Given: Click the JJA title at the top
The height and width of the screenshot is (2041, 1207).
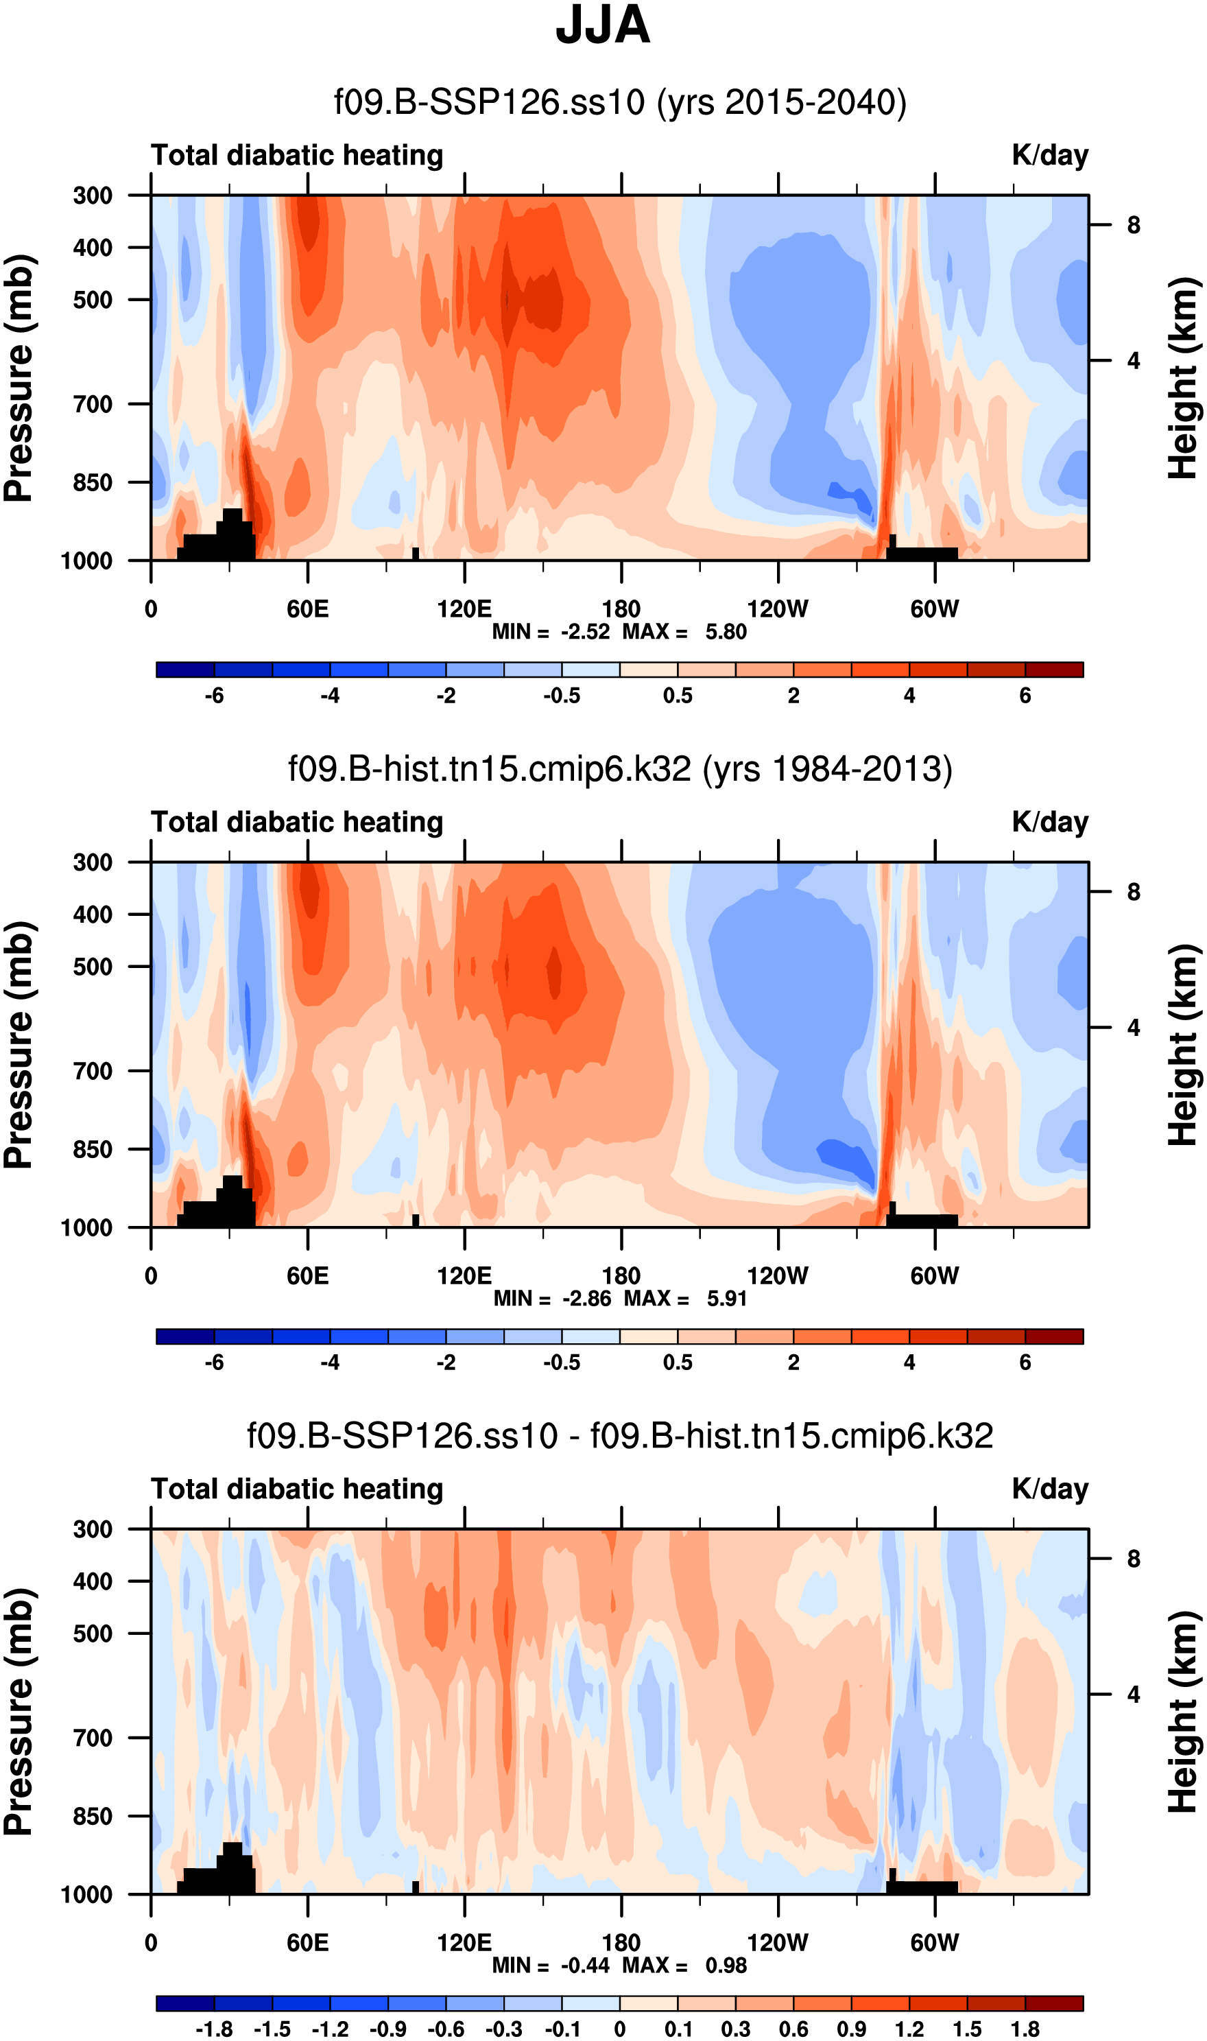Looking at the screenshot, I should coord(603,25).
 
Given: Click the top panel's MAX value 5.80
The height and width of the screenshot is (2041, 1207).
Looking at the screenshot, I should coord(726,632).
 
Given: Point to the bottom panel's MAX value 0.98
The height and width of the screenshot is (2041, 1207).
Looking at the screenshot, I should coord(726,1966).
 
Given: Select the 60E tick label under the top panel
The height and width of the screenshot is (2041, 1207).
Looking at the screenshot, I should coord(307,609).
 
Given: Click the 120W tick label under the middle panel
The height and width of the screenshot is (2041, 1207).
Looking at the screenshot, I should coord(778,1275).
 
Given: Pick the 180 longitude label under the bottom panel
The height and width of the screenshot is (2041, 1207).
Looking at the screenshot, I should coord(621,1943).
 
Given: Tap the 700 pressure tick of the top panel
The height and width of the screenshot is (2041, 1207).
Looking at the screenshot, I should coord(93,404).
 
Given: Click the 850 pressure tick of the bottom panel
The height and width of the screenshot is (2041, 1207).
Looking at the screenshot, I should coord(93,1816).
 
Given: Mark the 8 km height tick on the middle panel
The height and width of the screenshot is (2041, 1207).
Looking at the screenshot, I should coord(1133,893).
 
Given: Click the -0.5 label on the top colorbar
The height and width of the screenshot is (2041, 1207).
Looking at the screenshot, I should coord(562,696).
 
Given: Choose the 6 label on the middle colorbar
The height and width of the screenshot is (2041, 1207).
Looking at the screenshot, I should coord(1025,1362).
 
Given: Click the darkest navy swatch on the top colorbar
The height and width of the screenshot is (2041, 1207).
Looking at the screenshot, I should coord(185,670).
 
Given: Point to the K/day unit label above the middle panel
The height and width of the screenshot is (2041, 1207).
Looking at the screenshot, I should coord(1049,823).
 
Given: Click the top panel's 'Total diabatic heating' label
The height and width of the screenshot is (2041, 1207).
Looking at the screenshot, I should coord(297,155).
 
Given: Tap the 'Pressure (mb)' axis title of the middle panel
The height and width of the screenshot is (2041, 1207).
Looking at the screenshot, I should coord(18,1046).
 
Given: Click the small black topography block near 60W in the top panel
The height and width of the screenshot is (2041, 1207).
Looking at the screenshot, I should coord(922,552).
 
